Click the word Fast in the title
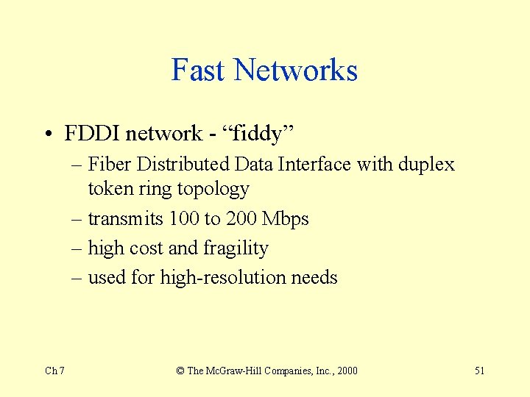pos(199,71)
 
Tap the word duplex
pos(426,165)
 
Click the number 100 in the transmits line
pos(181,219)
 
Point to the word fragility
pos(235,249)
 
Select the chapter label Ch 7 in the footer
pos(55,371)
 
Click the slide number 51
pos(479,371)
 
